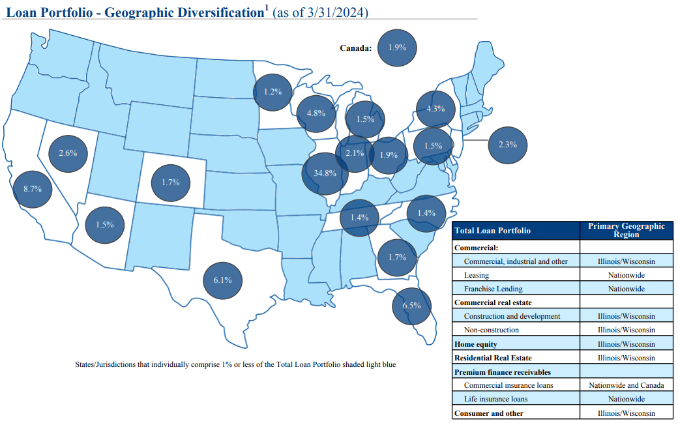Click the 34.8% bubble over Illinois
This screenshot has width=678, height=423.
[325, 173]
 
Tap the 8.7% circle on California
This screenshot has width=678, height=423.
[32, 189]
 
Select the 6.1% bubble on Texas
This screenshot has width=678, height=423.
[222, 280]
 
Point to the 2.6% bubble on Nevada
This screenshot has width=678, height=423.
[68, 153]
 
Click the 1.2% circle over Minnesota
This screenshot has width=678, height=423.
[273, 92]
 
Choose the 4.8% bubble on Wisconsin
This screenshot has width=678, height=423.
[316, 113]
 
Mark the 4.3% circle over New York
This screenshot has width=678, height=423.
[435, 109]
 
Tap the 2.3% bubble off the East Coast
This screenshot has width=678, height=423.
[507, 145]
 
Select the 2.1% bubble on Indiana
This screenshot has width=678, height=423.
[354, 153]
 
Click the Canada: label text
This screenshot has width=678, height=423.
[355, 48]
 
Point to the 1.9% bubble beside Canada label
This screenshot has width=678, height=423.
[396, 48]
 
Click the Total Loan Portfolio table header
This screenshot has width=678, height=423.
[492, 231]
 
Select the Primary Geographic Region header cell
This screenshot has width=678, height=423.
[626, 231]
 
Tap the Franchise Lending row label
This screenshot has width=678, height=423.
[493, 289]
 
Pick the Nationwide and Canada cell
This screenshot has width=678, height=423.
[626, 385]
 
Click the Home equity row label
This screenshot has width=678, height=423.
[475, 343]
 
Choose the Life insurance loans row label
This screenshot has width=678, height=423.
[495, 399]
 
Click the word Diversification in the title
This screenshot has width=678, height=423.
[208, 12]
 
